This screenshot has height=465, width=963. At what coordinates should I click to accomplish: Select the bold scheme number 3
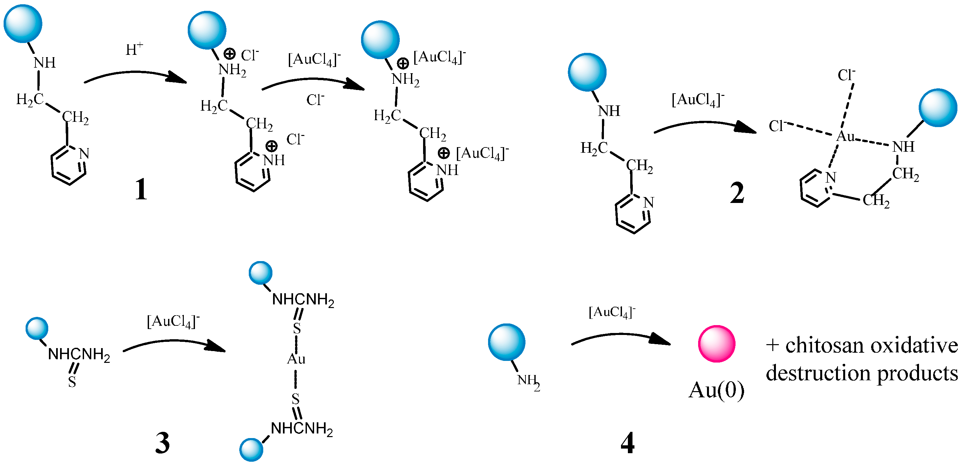[162, 443]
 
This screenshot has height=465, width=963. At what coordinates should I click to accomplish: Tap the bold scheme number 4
[627, 443]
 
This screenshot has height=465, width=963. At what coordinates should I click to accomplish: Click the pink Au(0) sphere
[716, 344]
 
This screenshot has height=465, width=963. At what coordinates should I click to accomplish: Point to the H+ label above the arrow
[134, 49]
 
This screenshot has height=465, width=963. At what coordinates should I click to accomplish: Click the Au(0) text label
[716, 390]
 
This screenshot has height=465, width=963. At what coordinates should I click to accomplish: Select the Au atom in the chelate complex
[845, 137]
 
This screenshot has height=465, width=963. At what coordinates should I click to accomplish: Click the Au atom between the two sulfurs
[296, 359]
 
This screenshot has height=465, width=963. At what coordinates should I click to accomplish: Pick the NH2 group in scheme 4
[528, 382]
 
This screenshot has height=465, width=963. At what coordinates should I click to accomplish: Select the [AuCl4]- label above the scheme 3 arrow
[173, 321]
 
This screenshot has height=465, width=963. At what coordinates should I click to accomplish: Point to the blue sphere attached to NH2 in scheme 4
[506, 342]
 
